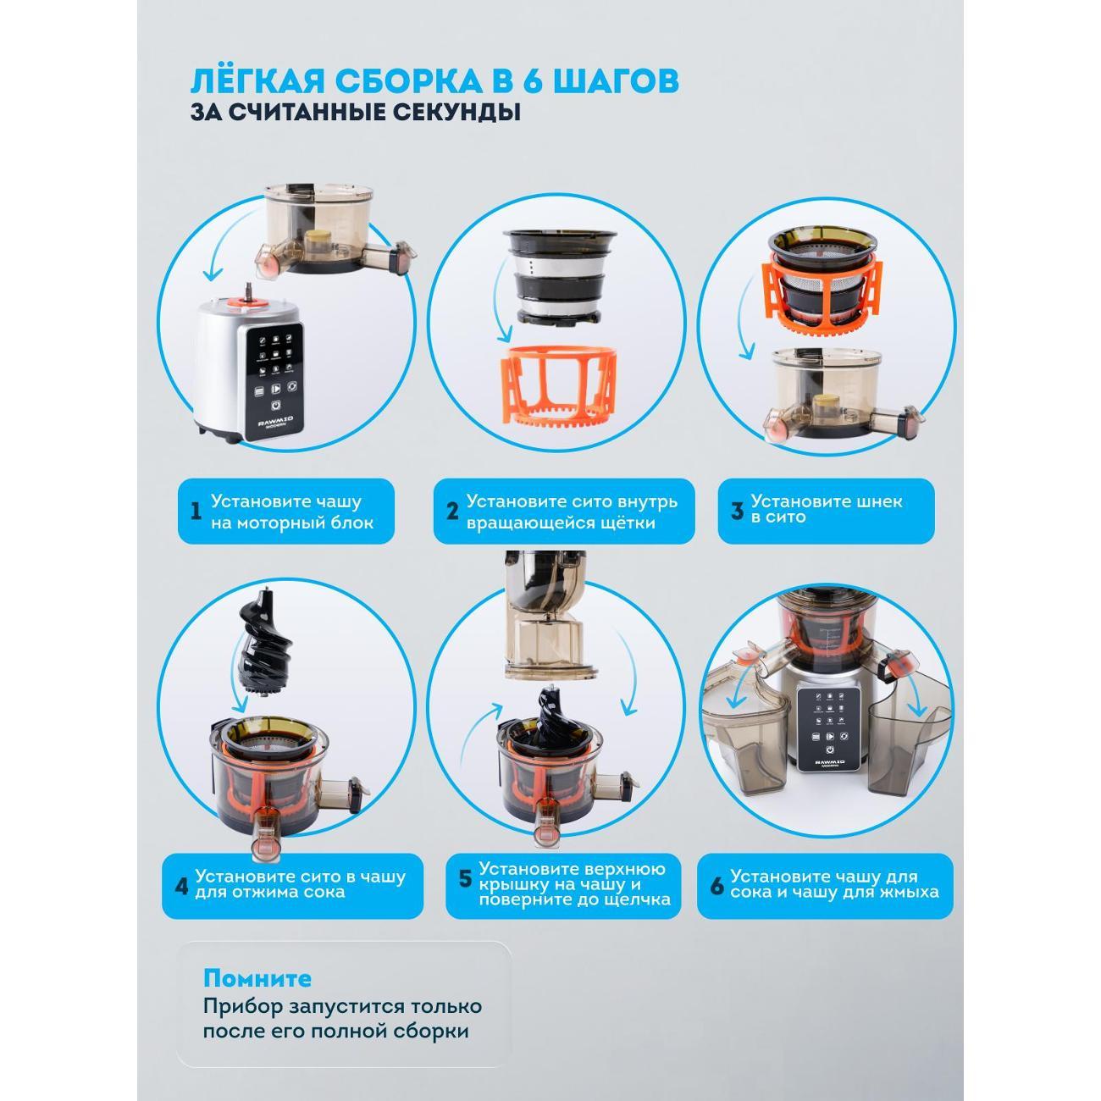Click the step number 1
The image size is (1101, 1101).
196,511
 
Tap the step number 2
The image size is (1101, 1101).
452,511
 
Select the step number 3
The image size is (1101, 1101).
737,510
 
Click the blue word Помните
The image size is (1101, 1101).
257,979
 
